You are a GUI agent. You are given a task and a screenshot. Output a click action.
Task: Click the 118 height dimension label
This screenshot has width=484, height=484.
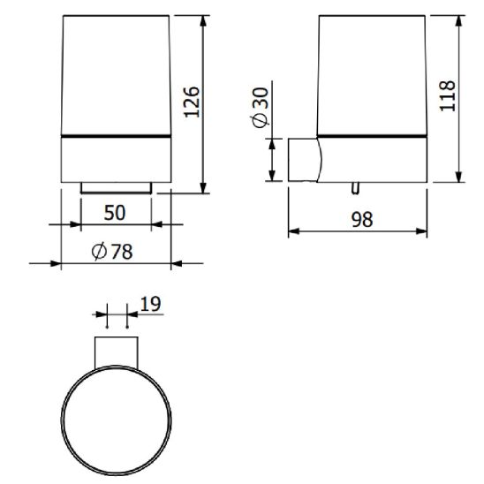coord(448,95)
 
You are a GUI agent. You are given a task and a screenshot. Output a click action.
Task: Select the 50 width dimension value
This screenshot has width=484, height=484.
coord(116,212)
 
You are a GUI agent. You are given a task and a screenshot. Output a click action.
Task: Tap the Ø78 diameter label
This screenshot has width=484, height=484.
coord(114,252)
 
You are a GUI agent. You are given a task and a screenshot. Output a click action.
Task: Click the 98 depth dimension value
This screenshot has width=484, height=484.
coord(360,220)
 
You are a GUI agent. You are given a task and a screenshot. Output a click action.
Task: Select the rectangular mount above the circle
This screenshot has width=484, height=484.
coord(116,351)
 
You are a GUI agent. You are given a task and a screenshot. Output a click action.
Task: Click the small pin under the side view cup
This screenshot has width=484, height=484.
coord(354,188)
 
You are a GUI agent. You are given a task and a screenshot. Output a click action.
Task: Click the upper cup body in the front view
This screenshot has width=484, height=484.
coord(116,75)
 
